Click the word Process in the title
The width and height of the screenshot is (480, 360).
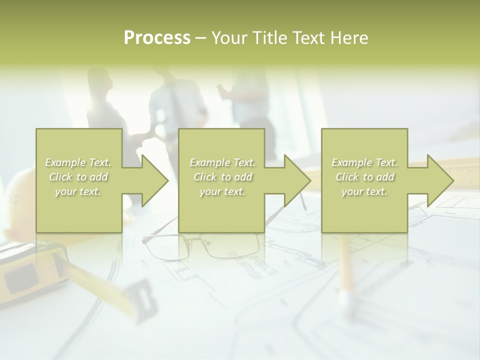tap(157, 37)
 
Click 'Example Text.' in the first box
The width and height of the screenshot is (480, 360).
tap(78, 162)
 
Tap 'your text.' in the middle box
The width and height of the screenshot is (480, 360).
tap(222, 191)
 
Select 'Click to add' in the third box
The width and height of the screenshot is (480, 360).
tap(365, 177)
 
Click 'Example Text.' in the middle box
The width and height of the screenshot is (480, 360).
tap(222, 162)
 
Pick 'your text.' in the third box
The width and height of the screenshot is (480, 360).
tap(365, 191)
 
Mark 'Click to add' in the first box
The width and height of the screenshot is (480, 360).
tap(78, 177)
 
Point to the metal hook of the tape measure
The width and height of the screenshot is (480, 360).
tap(142, 297)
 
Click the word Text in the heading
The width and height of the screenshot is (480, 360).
tap(308, 37)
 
